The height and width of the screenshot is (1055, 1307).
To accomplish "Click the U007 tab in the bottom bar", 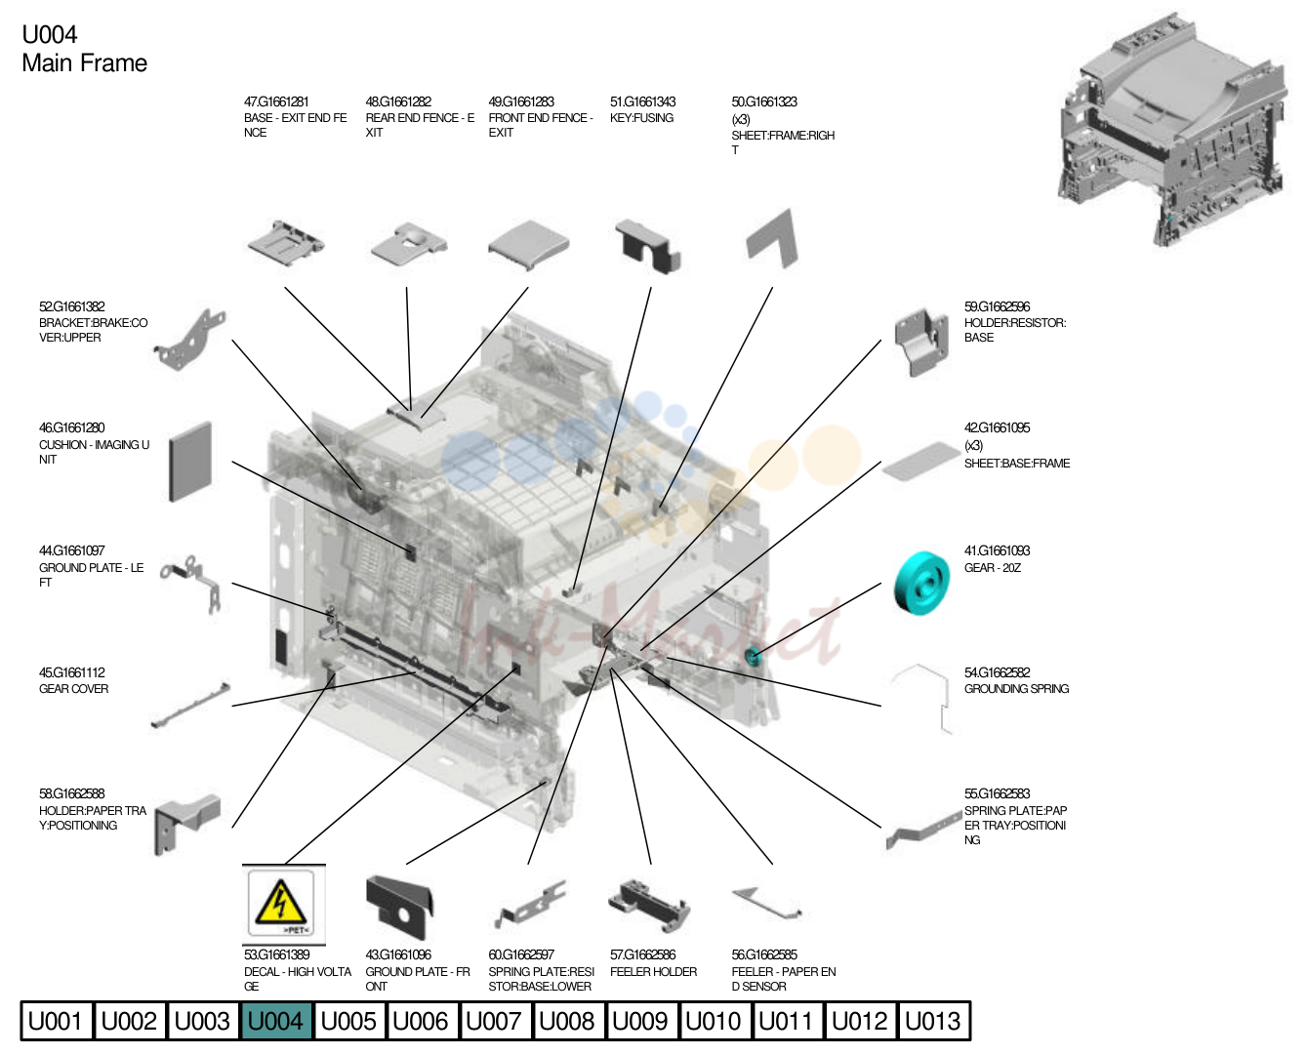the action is click(x=494, y=1021).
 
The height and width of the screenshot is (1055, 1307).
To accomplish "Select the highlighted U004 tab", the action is click(x=275, y=1021).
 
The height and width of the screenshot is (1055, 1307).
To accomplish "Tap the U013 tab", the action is click(x=933, y=1021).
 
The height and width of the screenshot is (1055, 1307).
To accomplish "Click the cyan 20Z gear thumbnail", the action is click(x=921, y=583).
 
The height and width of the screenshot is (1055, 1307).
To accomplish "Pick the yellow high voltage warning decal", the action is click(x=281, y=904).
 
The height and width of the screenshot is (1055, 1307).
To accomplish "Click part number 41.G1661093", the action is click(x=997, y=550).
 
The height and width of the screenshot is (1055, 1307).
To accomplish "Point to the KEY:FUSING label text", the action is click(x=641, y=118).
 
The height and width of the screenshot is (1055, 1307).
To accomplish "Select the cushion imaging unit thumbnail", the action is click(x=190, y=462).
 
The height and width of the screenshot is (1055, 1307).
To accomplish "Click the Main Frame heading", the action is click(x=85, y=63).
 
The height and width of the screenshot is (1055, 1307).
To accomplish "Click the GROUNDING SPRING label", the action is click(x=1016, y=689).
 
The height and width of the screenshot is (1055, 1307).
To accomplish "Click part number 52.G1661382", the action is click(x=72, y=306).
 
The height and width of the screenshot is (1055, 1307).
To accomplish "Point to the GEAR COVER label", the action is click(x=73, y=689).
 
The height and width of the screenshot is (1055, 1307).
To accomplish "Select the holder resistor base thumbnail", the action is click(x=921, y=341).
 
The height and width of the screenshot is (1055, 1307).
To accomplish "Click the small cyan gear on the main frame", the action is click(x=753, y=656).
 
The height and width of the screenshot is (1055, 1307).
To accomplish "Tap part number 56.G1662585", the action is click(x=764, y=955).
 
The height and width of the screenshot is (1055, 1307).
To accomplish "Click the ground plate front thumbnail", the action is click(x=399, y=907).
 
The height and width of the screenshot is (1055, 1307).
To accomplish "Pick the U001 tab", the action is click(x=56, y=1021).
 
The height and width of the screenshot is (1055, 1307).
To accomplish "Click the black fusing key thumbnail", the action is click(x=648, y=247).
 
